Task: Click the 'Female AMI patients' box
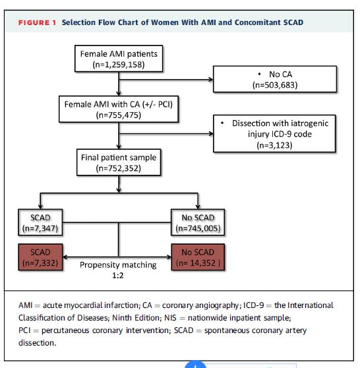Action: click(119, 59)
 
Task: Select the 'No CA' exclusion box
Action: click(275, 79)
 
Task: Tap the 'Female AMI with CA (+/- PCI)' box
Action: click(119, 109)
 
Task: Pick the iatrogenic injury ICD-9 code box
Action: click(274, 133)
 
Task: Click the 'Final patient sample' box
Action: click(119, 162)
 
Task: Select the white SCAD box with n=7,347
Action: click(40, 222)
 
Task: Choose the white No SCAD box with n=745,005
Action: click(198, 222)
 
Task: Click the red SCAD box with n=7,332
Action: click(40, 257)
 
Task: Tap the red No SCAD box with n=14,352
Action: click(198, 257)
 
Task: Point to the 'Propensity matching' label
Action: click(118, 265)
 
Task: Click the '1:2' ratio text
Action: click(118, 275)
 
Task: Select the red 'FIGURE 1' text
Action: click(37, 23)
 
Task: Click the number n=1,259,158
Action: click(119, 65)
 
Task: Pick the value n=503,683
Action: click(275, 85)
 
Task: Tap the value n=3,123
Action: click(274, 145)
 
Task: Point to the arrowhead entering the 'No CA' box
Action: click(211, 80)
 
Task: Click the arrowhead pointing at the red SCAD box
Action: click(65, 257)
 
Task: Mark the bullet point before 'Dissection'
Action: click(222, 123)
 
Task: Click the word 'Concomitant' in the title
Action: click(257, 22)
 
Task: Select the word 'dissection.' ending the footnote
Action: click(38, 343)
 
